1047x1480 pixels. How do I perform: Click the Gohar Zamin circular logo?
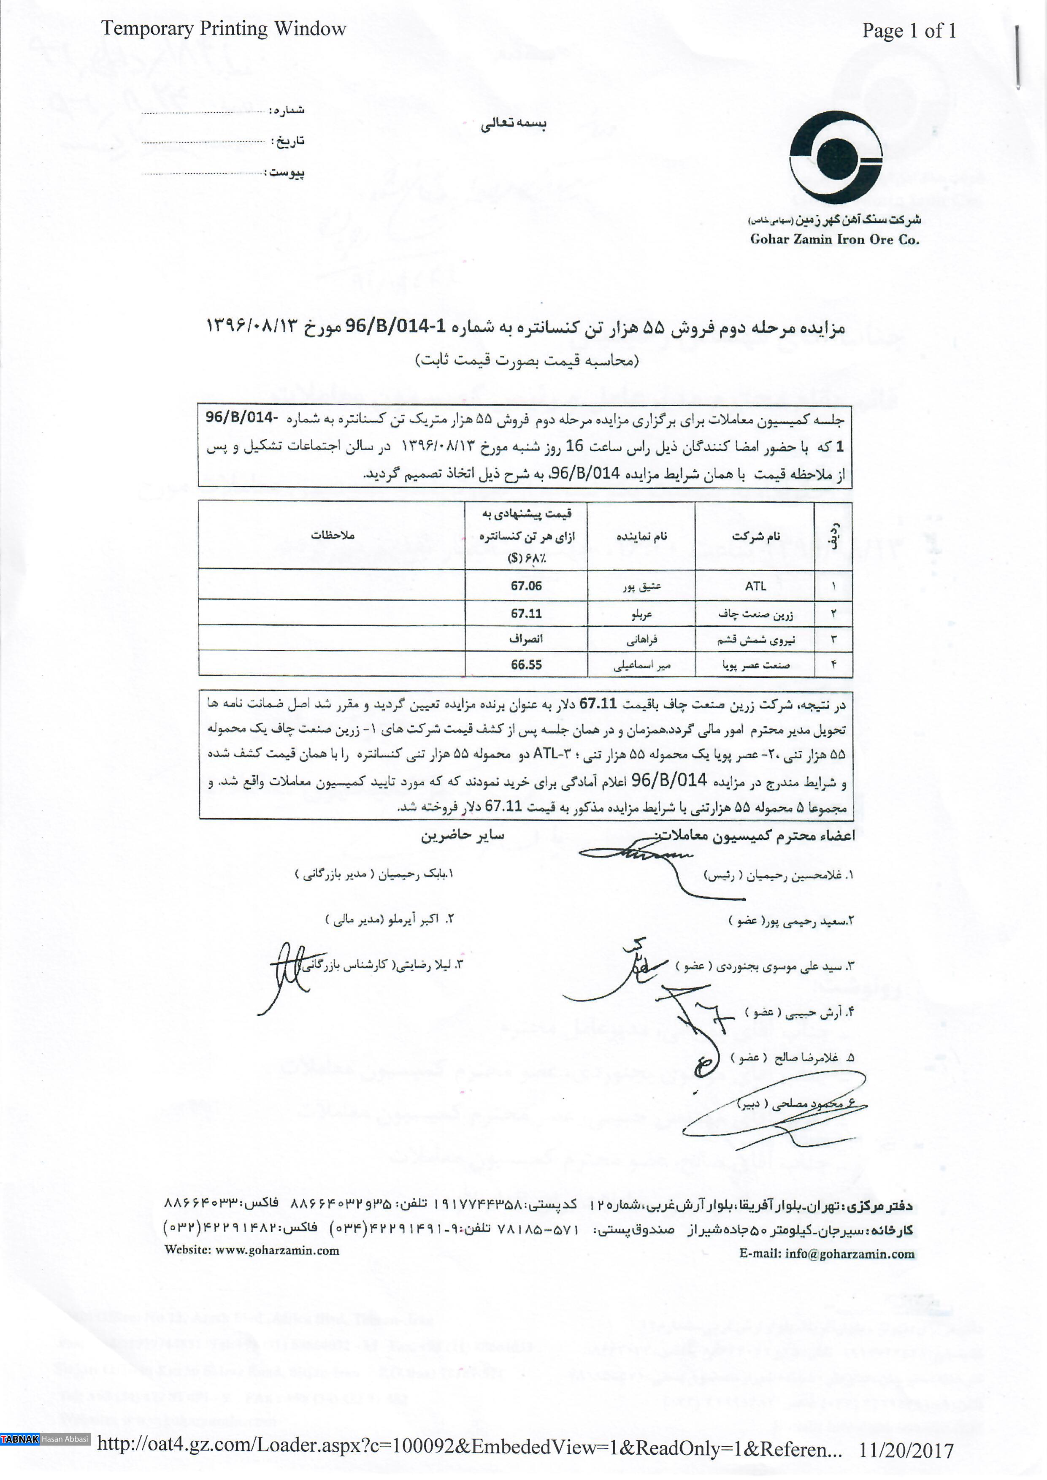[x=836, y=157]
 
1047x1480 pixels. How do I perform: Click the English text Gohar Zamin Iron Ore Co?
[x=834, y=240]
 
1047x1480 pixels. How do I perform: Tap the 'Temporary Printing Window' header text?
[x=223, y=29]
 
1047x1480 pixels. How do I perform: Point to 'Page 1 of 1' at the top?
[x=909, y=30]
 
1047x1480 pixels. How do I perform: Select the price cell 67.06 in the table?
[x=526, y=586]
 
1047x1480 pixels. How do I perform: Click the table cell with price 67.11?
[x=526, y=613]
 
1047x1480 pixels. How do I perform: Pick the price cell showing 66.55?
[x=526, y=665]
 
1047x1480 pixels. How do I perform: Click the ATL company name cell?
[x=755, y=586]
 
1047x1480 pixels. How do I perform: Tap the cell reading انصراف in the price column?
[x=526, y=639]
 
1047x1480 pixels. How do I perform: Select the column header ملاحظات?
[x=333, y=535]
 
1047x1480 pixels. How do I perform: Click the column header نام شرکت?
[x=755, y=536]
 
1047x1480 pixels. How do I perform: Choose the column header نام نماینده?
[x=641, y=536]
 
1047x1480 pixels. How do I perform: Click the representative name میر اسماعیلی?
[x=641, y=665]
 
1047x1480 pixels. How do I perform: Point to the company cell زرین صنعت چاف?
[x=755, y=614]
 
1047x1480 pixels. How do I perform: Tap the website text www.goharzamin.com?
[x=277, y=1250]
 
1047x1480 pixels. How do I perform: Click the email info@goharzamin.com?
[x=850, y=1254]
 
